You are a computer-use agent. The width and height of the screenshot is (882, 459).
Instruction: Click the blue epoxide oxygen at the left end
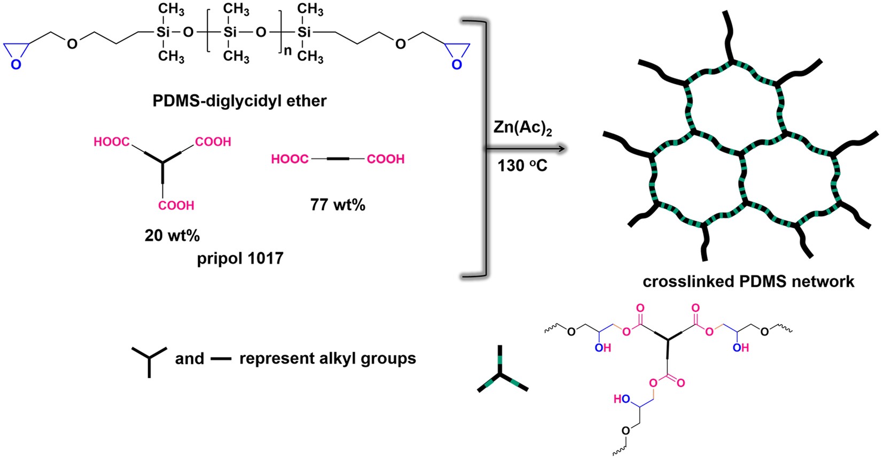click(x=16, y=65)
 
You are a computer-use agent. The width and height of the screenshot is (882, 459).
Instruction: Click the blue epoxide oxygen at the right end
click(x=456, y=65)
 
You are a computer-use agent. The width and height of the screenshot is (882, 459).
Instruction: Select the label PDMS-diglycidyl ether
click(x=239, y=101)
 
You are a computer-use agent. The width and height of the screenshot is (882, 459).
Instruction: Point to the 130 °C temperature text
click(x=522, y=166)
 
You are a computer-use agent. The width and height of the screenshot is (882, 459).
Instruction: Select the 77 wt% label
click(x=338, y=205)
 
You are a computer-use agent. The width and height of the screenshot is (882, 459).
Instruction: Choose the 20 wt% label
click(x=172, y=235)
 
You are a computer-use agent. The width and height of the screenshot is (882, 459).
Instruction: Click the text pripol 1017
click(x=240, y=258)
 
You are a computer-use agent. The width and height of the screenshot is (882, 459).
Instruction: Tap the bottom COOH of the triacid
click(x=176, y=205)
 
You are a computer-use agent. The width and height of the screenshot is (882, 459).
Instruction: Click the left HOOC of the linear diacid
click(x=290, y=159)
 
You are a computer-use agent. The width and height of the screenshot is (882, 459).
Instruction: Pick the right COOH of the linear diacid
click(x=385, y=159)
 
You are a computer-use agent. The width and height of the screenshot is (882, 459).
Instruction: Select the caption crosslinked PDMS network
click(x=748, y=281)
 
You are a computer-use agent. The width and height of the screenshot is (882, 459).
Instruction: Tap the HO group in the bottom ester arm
click(x=621, y=399)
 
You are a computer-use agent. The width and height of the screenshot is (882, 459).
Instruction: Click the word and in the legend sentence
click(x=189, y=358)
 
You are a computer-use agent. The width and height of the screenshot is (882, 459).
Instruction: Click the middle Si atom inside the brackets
click(x=230, y=32)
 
